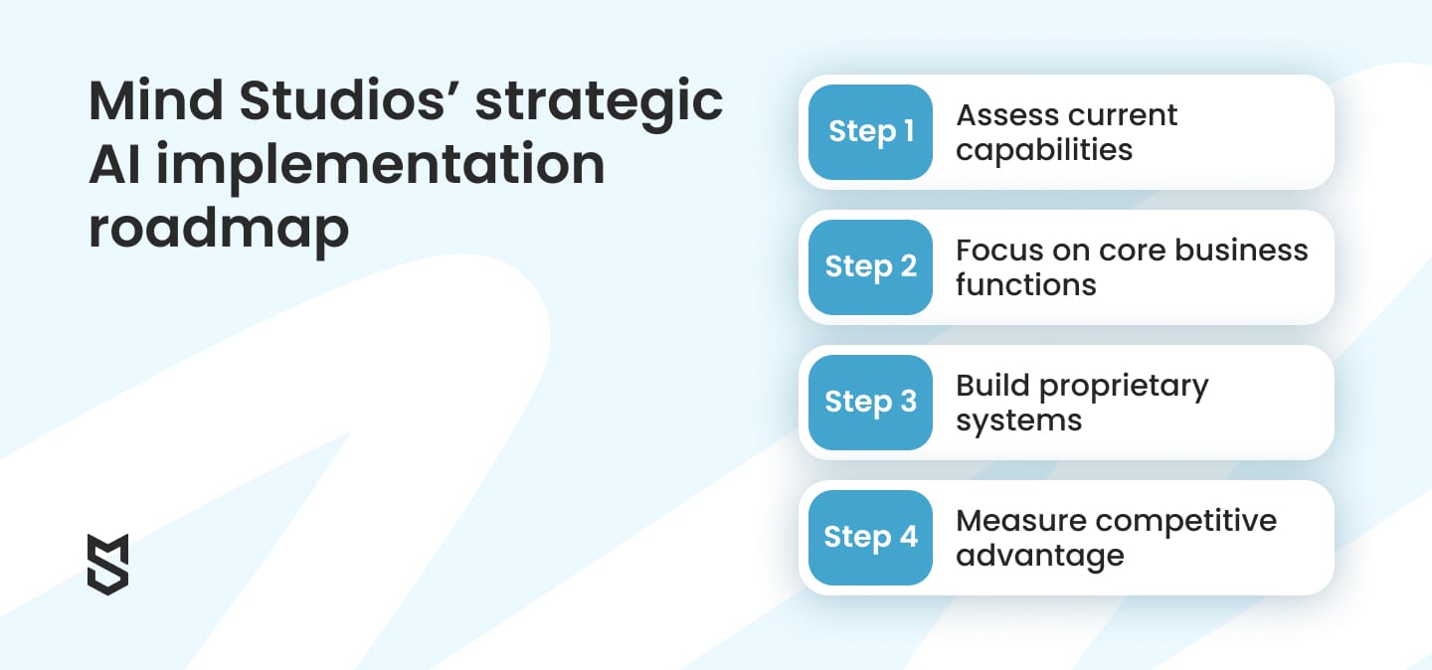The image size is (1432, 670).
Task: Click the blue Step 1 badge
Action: coord(870,132)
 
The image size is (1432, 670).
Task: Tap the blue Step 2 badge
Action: coord(870,267)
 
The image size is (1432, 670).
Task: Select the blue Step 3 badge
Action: coord(870,403)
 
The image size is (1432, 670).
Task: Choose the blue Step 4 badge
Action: coord(870,538)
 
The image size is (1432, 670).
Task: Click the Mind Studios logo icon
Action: coord(108,564)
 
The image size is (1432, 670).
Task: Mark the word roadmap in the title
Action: coord(219,229)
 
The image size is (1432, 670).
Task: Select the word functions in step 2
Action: coord(1026,285)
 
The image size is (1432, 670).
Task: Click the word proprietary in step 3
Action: coord(1122,387)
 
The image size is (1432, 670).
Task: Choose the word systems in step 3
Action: coord(1018,421)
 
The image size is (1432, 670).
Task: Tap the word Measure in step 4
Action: coord(1023,521)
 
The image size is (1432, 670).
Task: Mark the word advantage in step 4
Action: coord(1040,557)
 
